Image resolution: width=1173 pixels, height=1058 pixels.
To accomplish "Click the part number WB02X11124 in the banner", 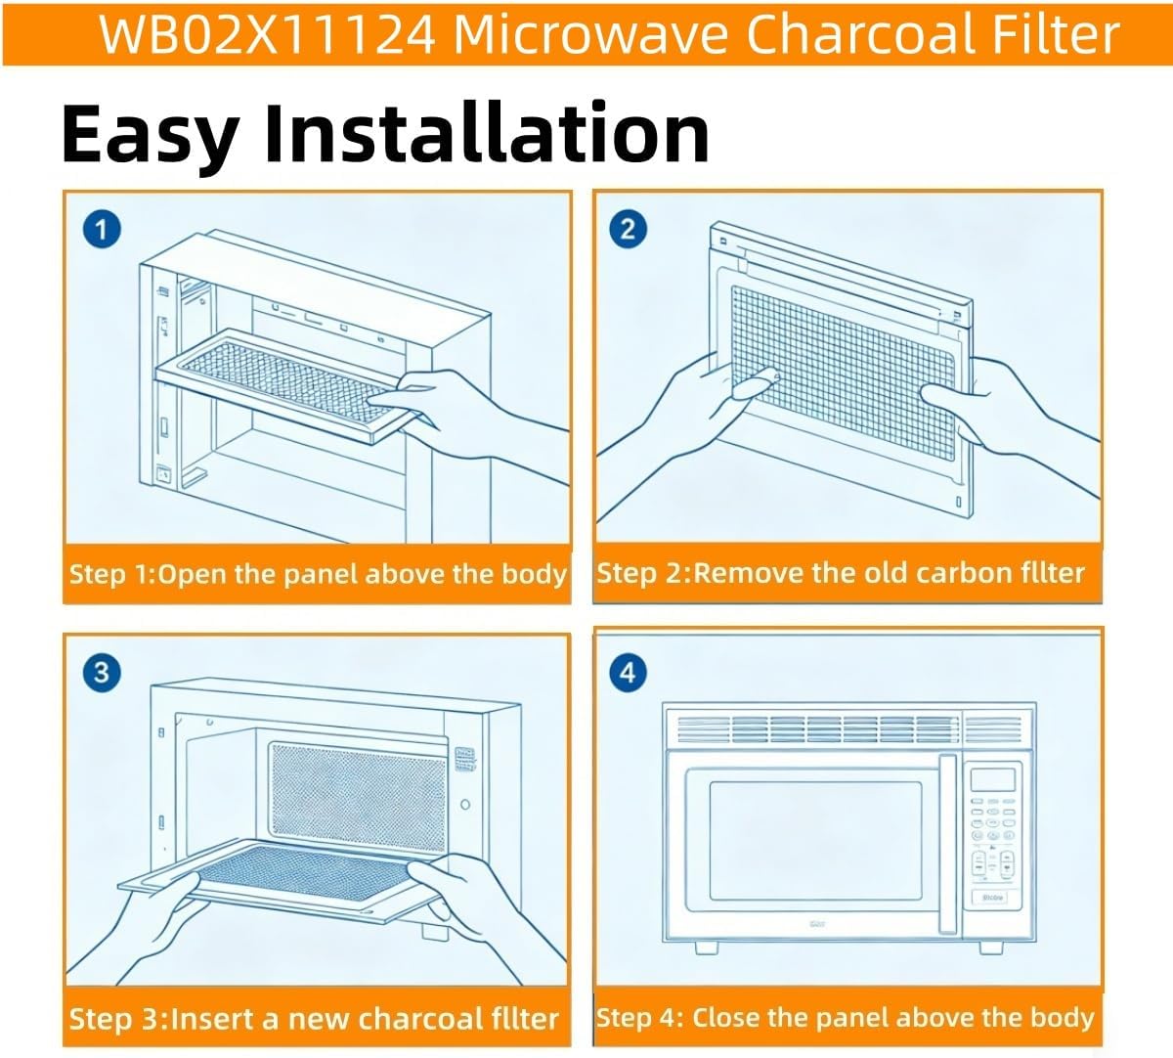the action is (x=267, y=34).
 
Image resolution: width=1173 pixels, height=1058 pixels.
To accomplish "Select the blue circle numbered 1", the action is (x=102, y=229).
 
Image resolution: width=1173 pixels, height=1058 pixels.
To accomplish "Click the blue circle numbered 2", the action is (x=628, y=229).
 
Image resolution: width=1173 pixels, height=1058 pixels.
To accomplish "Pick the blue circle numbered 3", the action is (x=102, y=672).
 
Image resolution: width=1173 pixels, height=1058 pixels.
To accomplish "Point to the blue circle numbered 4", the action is (x=628, y=672).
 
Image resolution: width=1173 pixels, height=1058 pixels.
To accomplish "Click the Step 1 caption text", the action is (x=318, y=575).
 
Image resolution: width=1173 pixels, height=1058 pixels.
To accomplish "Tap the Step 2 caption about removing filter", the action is (x=841, y=573).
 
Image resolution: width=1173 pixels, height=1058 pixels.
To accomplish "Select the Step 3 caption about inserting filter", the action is (x=314, y=1019).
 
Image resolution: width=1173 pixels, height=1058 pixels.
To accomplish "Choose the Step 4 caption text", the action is (x=845, y=1018).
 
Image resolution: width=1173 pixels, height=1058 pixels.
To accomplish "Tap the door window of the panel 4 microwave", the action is (x=815, y=841).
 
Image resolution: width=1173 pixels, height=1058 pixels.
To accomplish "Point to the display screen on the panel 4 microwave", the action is (x=992, y=779).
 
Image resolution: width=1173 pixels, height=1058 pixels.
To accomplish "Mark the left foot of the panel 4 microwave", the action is (x=707, y=948).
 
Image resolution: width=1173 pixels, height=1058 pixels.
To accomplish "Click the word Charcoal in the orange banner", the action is (x=861, y=34).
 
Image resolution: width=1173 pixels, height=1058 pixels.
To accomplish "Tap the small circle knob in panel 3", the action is (x=465, y=805).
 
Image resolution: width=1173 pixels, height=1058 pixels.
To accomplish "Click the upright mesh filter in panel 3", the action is (x=359, y=799).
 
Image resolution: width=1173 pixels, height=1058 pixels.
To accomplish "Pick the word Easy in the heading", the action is (x=151, y=135).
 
